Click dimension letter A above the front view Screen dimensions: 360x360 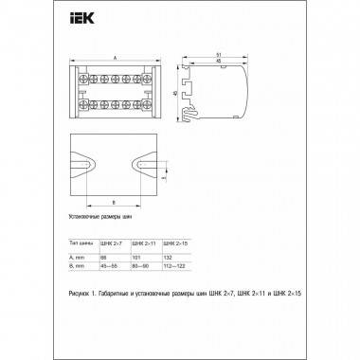[116, 55]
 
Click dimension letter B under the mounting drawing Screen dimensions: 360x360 [115, 203]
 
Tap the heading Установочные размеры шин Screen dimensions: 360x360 [101, 216]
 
